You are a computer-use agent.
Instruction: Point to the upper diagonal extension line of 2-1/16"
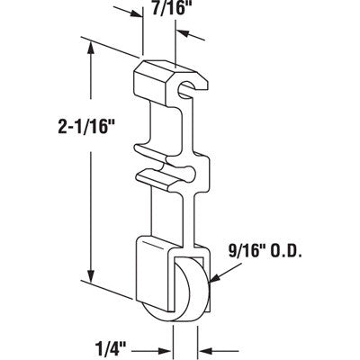point(112,49)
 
